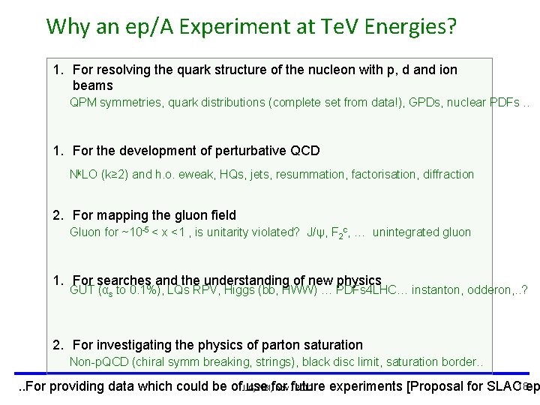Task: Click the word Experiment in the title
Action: (194, 27)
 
